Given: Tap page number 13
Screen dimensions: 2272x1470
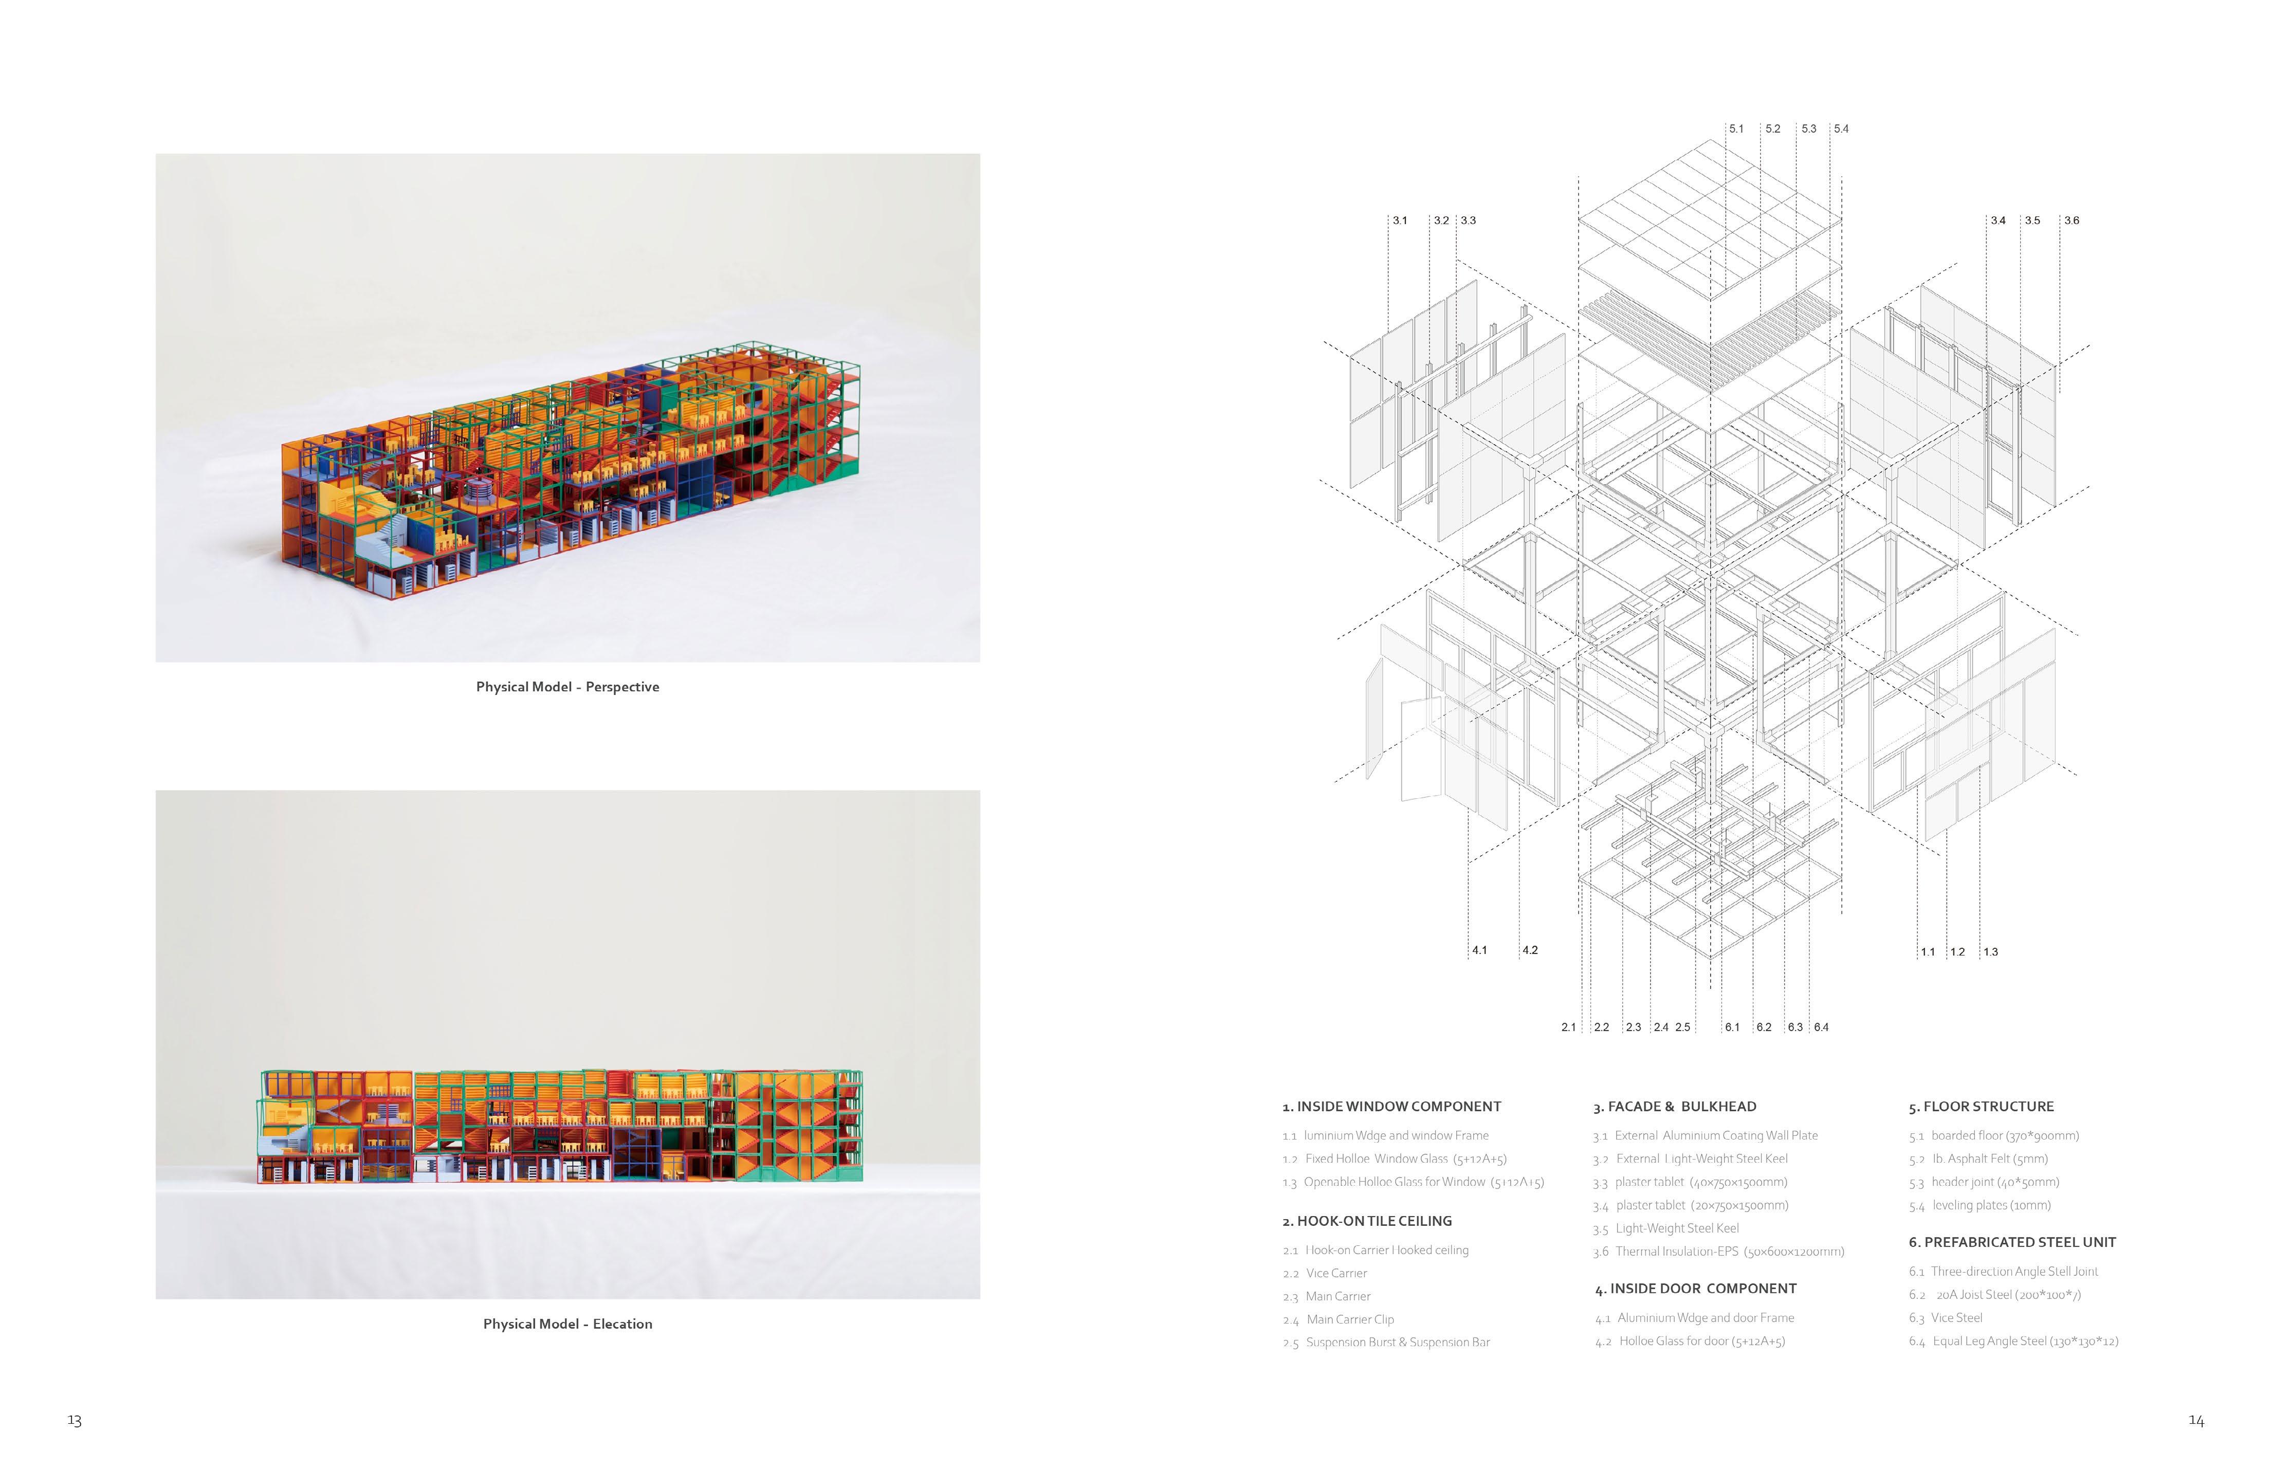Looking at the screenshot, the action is (75, 1420).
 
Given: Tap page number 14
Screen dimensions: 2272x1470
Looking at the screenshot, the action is (2195, 1420).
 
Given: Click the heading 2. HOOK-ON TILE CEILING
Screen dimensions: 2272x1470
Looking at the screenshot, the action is (1366, 1221).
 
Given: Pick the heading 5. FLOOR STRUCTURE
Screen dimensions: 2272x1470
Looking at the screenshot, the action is (1981, 1106).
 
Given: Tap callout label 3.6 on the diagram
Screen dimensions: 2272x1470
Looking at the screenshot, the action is (2072, 220).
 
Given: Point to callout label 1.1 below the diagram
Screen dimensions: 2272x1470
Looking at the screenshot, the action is (1928, 952).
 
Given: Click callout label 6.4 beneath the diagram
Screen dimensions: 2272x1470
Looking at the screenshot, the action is (1821, 1027).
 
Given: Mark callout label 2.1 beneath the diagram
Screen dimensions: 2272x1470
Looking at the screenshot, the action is (1568, 1027).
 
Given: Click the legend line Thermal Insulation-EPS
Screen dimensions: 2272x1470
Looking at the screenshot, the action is (1718, 1252).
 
